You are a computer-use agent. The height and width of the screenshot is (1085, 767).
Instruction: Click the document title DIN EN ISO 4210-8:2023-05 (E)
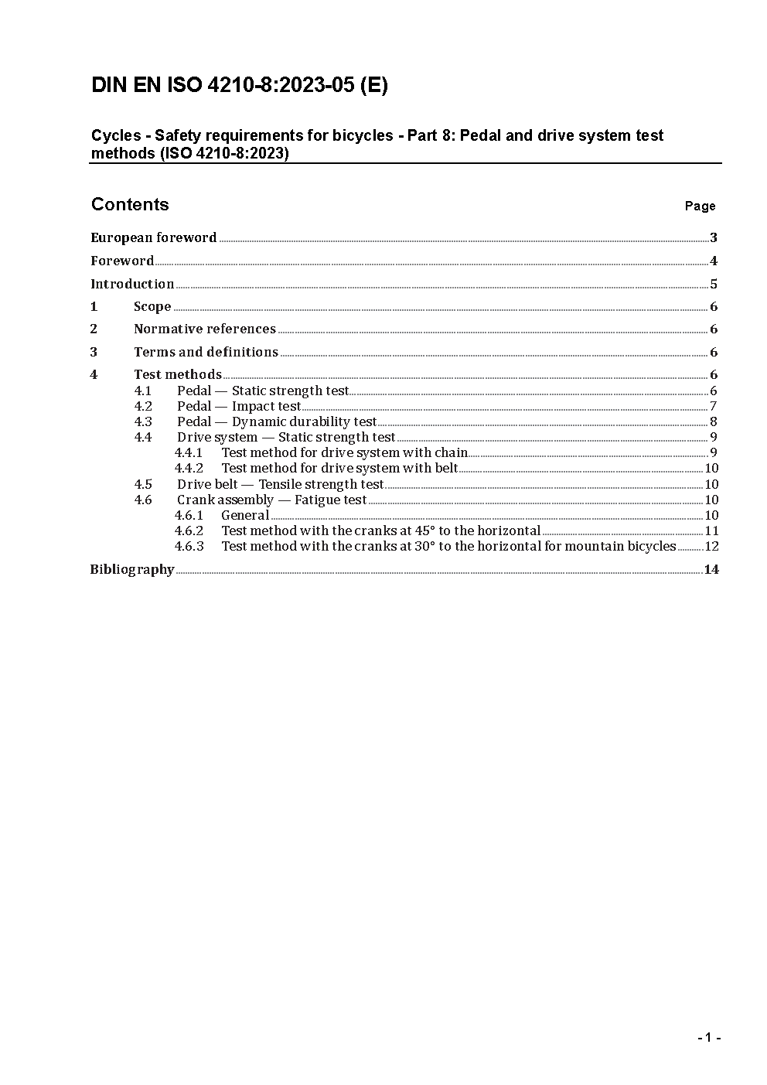click(240, 86)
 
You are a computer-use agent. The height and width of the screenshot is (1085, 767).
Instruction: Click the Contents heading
click(130, 204)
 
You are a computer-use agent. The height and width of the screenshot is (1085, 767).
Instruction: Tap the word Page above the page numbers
click(700, 206)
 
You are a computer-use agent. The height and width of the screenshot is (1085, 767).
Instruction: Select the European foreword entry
click(154, 238)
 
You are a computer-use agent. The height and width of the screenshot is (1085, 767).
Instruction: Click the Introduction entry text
click(132, 285)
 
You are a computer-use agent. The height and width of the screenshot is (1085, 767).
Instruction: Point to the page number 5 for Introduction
click(714, 285)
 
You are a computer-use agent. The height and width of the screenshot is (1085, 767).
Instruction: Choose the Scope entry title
click(152, 307)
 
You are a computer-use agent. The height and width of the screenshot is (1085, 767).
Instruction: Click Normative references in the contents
click(205, 329)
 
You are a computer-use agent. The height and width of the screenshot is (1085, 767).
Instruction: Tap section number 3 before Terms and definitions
click(94, 353)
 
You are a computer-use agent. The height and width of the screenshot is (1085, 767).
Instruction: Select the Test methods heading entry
click(178, 375)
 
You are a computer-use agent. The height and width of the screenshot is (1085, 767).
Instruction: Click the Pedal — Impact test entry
click(239, 407)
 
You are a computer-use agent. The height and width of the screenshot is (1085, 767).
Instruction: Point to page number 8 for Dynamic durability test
click(714, 422)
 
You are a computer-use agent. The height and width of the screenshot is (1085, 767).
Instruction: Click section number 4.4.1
click(189, 453)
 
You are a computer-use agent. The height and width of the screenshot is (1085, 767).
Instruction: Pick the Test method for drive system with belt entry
click(339, 469)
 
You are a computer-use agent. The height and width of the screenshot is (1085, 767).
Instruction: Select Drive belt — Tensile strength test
click(280, 485)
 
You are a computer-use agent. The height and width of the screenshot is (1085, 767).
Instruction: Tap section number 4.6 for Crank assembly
click(143, 500)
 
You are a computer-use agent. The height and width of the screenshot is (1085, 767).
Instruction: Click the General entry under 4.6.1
click(245, 516)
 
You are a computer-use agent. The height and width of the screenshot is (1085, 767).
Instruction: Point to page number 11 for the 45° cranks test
click(711, 531)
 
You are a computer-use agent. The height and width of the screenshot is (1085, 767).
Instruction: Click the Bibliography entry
click(132, 570)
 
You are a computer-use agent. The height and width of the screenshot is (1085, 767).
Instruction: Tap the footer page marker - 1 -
click(708, 1038)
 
